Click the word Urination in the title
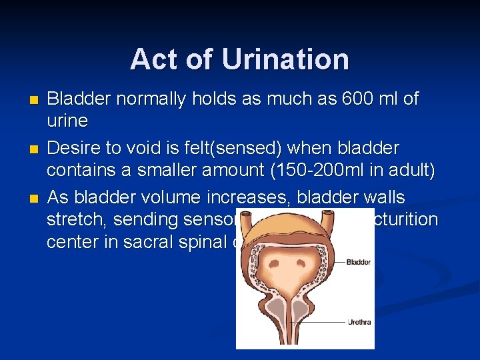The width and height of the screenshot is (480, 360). tap(285, 59)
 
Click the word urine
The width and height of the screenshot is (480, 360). tap(67, 121)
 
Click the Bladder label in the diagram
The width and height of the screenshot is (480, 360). tap(358, 262)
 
